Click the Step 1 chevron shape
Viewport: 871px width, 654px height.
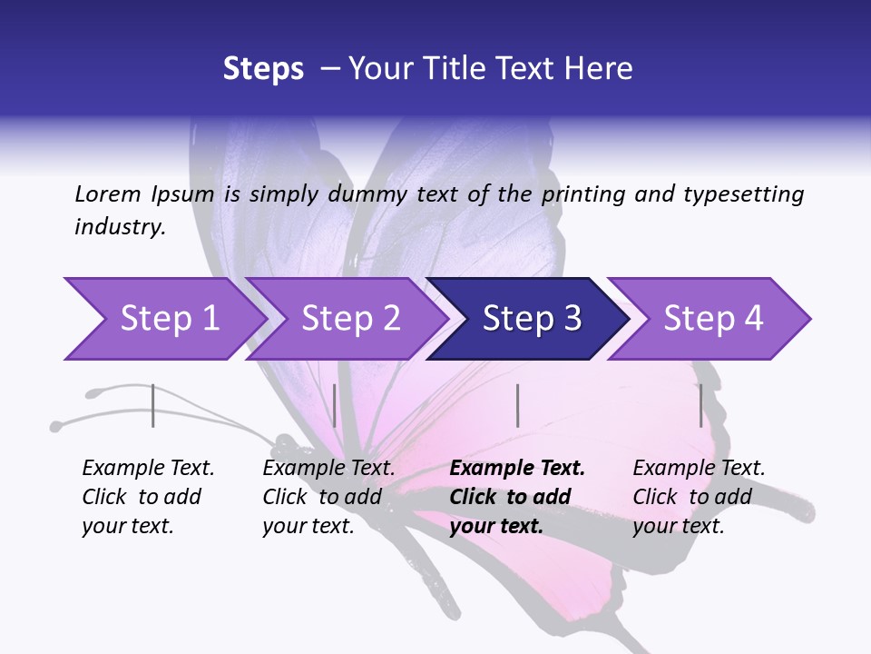click(x=163, y=319)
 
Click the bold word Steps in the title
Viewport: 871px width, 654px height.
click(x=263, y=69)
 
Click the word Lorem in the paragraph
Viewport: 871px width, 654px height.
click(x=107, y=193)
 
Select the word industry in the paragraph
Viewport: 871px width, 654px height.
click(x=120, y=227)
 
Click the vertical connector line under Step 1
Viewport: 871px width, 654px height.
click(x=153, y=405)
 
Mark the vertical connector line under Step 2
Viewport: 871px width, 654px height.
click(x=335, y=405)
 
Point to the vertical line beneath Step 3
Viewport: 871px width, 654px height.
click(x=517, y=405)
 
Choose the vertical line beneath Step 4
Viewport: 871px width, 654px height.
click(x=700, y=405)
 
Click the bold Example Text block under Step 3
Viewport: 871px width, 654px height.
click(x=517, y=497)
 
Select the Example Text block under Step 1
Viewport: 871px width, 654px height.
click(x=148, y=497)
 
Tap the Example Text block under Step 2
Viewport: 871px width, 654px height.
click(x=328, y=497)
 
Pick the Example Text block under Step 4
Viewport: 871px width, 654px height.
click(x=699, y=497)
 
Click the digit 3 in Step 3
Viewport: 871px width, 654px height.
click(x=572, y=319)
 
